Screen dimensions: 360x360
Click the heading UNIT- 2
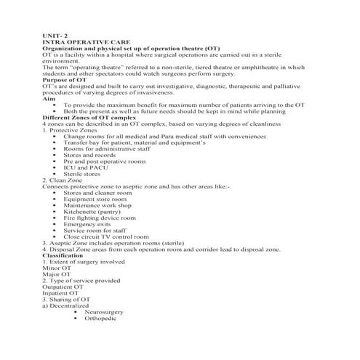pos(56,34)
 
